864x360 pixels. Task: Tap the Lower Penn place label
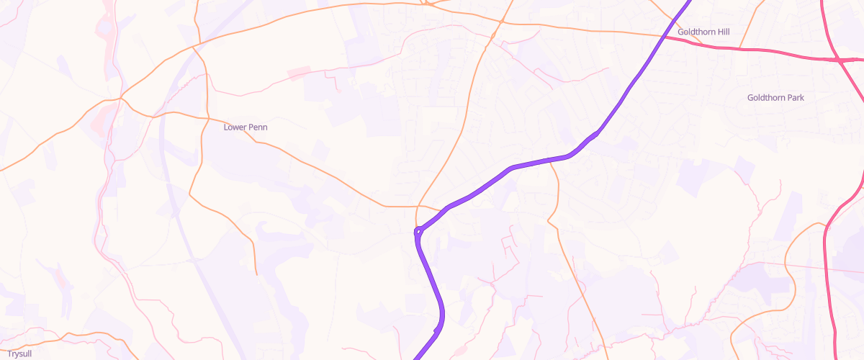point(246,127)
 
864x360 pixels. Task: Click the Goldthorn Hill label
point(703,32)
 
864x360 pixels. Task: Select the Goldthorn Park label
point(775,97)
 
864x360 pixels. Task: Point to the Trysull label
point(19,354)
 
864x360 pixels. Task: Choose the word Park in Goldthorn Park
point(794,97)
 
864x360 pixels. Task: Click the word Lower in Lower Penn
point(235,127)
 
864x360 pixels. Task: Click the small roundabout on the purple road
point(418,232)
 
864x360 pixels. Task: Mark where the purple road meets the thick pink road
point(662,35)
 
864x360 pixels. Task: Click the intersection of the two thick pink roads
point(840,60)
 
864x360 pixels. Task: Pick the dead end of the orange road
point(256,274)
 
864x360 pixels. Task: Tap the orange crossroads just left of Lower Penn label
point(207,119)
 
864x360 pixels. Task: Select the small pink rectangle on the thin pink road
point(300,73)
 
